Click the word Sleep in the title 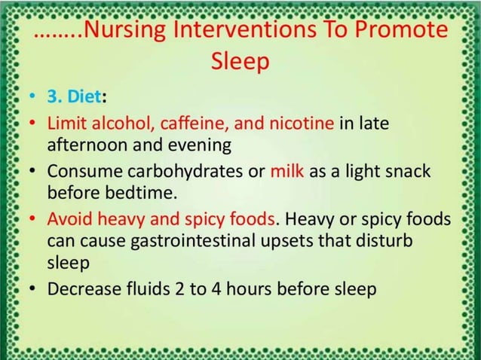coord(240,62)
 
